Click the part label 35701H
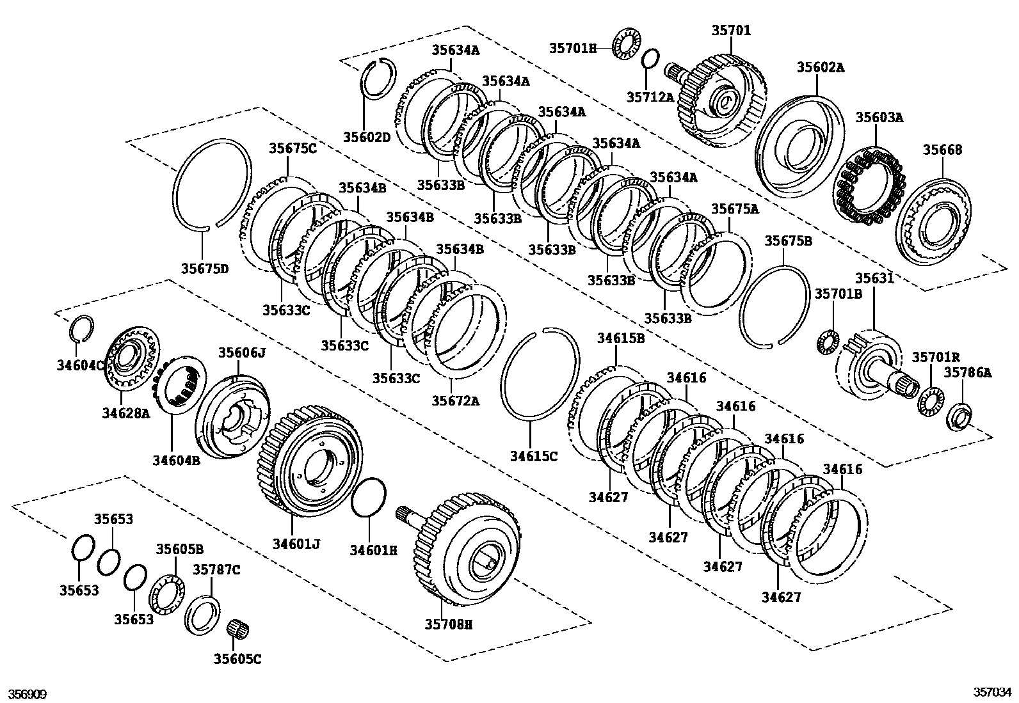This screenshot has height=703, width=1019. click(x=572, y=47)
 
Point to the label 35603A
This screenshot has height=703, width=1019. click(x=879, y=117)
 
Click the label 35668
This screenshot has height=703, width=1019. click(x=942, y=150)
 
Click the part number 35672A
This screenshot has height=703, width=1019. click(x=454, y=401)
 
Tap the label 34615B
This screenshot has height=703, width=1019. click(x=621, y=338)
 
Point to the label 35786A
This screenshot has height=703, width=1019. click(x=968, y=372)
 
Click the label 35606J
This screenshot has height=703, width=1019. click(x=241, y=352)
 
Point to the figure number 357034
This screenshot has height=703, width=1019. click(x=992, y=692)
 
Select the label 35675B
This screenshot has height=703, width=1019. click(x=788, y=241)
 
